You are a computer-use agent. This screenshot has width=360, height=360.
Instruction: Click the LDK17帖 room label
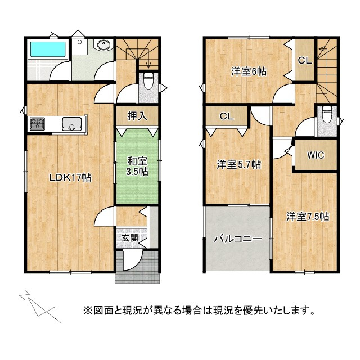[x=70, y=177]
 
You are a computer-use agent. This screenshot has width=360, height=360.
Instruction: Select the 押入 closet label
[x=137, y=116]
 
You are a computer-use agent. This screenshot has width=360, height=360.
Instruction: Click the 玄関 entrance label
[x=129, y=237]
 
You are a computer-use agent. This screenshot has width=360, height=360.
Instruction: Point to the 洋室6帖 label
[x=249, y=71]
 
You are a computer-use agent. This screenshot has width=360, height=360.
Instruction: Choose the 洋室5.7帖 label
[x=239, y=165]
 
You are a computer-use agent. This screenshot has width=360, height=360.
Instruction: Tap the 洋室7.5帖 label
[x=307, y=216]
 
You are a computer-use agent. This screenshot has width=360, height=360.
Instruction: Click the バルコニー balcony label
[x=237, y=239]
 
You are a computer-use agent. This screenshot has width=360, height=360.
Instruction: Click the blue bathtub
[x=48, y=49]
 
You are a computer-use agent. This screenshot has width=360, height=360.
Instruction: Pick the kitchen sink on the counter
[x=73, y=124]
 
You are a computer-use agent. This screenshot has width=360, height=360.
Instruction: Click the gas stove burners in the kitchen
[x=38, y=124]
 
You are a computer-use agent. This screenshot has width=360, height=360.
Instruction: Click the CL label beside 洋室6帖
[x=304, y=60]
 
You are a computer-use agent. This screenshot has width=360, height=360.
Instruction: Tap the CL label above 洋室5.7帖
[x=226, y=116]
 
